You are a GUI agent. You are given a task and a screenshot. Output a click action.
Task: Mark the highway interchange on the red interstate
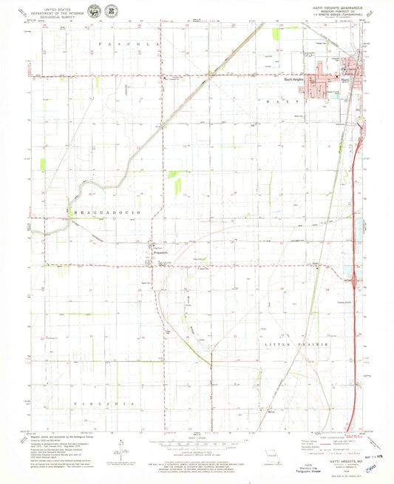point(356,280)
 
